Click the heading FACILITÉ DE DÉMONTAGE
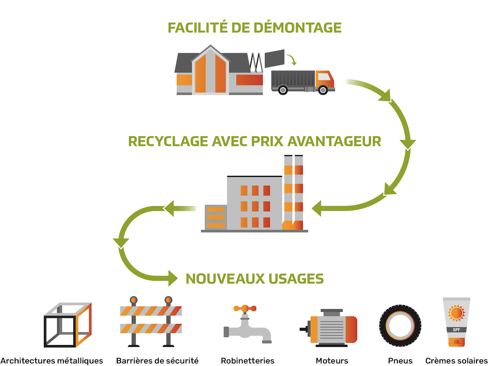[x=254, y=27]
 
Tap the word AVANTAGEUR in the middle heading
[x=334, y=141]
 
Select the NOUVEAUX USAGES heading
[x=254, y=278]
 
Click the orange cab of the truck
[x=325, y=80]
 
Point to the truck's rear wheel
[x=283, y=90]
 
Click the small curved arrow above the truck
[x=292, y=60]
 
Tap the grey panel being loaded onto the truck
[x=274, y=58]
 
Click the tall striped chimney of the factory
[x=294, y=193]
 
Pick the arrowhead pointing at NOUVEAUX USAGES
[x=173, y=278]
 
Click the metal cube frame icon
[x=68, y=325]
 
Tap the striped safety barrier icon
[x=151, y=322]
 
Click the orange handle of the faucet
[x=245, y=308]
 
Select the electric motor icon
[x=328, y=328]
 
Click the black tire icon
[x=400, y=326]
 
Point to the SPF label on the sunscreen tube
[x=457, y=330]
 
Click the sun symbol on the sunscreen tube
[x=457, y=313]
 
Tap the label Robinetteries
[x=247, y=361]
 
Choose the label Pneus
[x=400, y=361]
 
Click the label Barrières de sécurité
[x=157, y=361]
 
